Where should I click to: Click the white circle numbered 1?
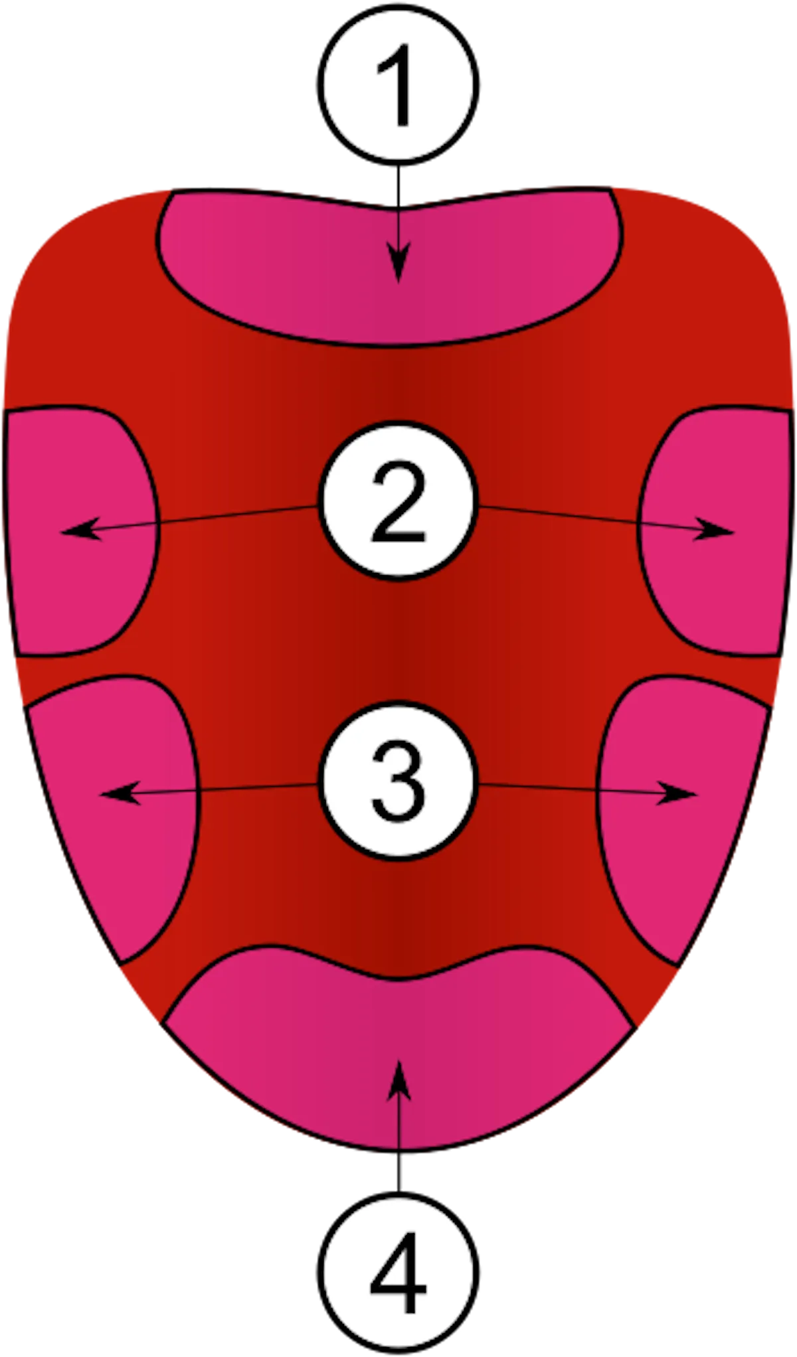tap(398, 84)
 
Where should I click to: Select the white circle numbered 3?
tap(398, 785)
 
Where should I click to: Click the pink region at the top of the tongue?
tap(299, 266)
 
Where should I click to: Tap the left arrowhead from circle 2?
tap(76, 531)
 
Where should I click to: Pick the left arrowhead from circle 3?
tap(116, 793)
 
